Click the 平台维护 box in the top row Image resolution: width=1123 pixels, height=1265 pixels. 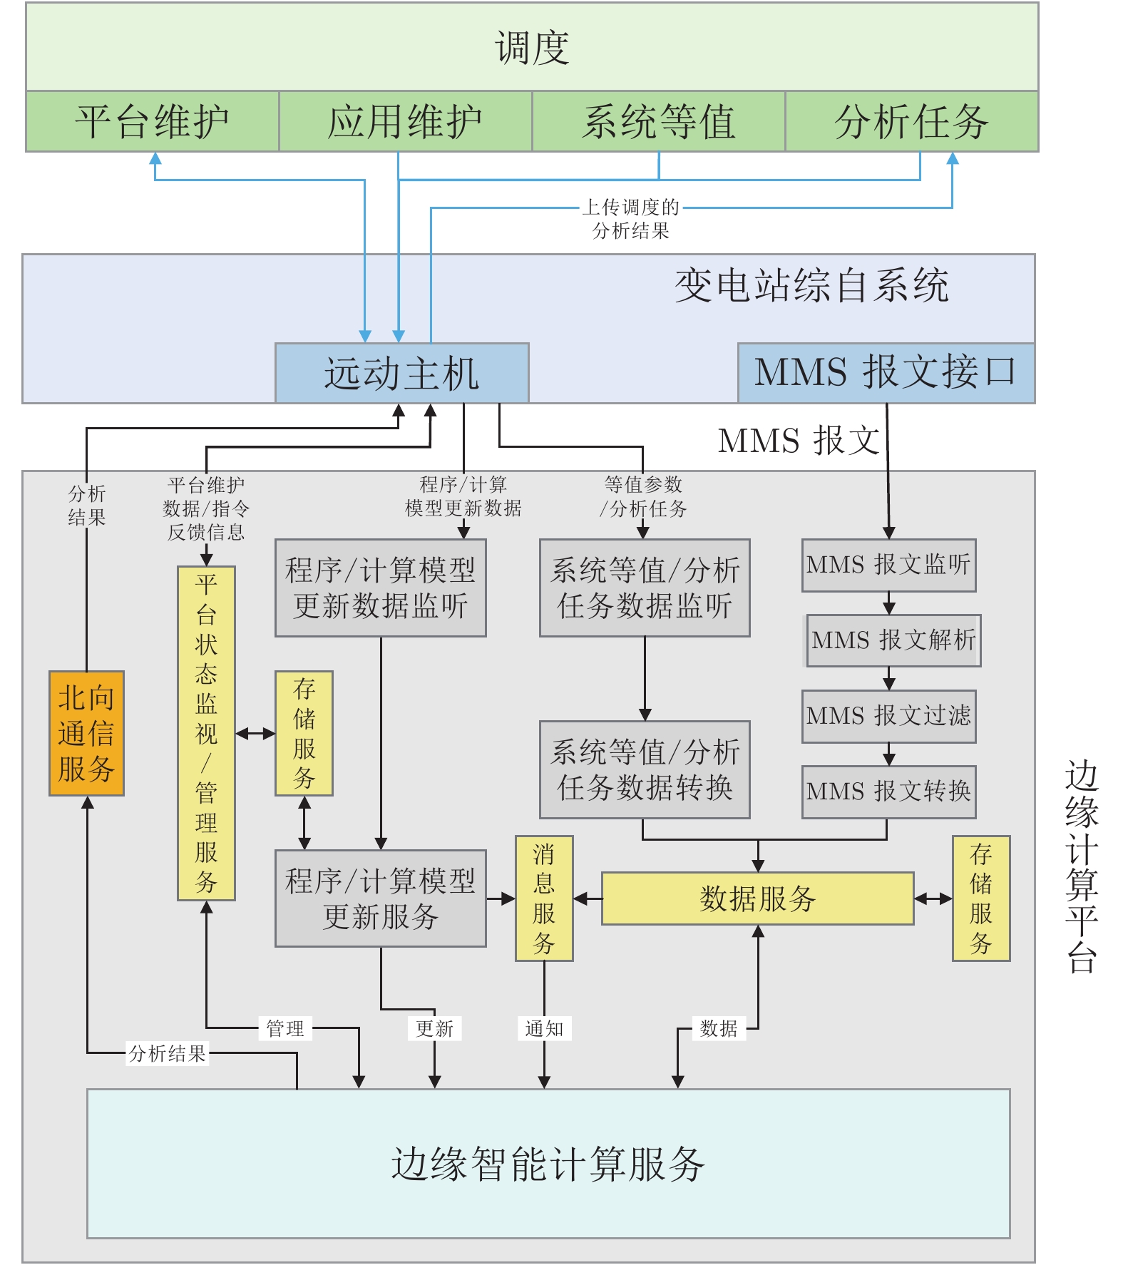(x=152, y=121)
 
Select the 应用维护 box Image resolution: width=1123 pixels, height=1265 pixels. (x=404, y=121)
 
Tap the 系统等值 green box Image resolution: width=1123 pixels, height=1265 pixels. (x=658, y=121)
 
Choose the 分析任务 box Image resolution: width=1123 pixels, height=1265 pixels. (x=911, y=121)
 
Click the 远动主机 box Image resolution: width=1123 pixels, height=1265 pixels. (x=401, y=373)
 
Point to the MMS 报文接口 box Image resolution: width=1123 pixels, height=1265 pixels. (x=886, y=373)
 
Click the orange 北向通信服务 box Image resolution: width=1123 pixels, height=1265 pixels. (x=86, y=733)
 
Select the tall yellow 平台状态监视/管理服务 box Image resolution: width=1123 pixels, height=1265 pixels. (x=206, y=733)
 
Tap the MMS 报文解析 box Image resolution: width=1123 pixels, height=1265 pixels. (x=893, y=640)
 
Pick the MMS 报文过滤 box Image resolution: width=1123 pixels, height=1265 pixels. (x=888, y=716)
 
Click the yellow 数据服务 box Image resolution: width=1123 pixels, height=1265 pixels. (x=757, y=898)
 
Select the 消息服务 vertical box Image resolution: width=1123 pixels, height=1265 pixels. (x=544, y=898)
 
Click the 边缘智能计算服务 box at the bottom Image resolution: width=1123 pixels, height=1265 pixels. (x=548, y=1164)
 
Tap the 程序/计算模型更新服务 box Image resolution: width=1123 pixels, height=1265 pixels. (x=380, y=898)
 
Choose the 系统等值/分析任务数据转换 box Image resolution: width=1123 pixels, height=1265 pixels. (x=645, y=769)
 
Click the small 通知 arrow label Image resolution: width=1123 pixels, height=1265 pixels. (x=544, y=1028)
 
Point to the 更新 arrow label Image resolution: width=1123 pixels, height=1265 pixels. (x=434, y=1028)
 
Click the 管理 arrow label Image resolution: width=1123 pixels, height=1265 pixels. (x=284, y=1028)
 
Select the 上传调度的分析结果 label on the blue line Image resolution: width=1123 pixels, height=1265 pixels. (x=631, y=219)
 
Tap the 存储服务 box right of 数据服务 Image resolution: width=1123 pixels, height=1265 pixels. (x=981, y=898)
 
